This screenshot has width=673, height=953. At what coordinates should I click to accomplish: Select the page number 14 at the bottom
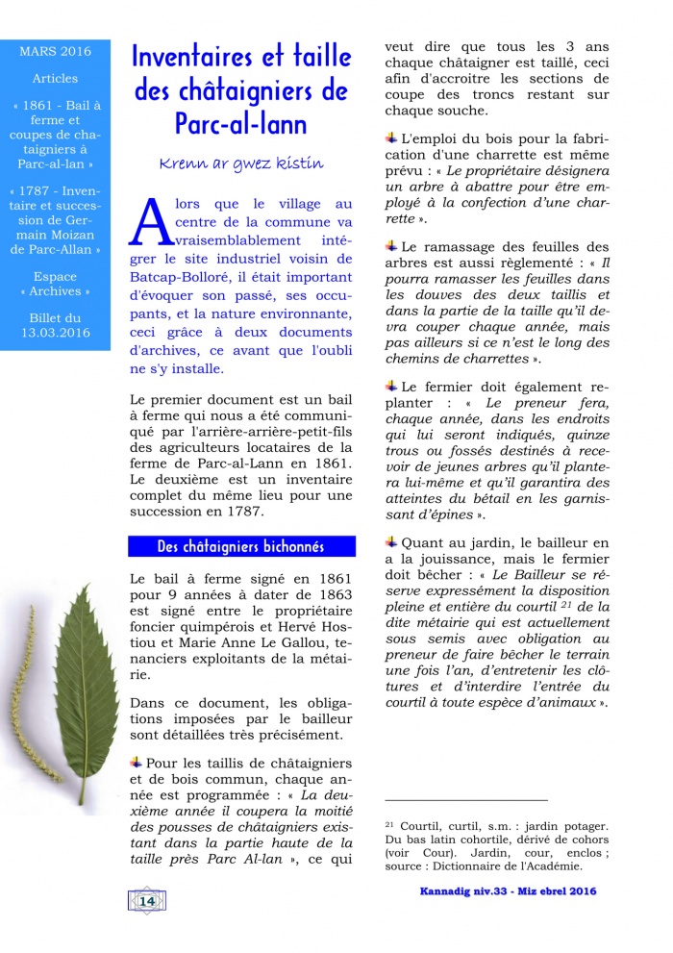[147, 900]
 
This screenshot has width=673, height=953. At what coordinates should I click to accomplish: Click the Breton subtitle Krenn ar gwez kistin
[241, 163]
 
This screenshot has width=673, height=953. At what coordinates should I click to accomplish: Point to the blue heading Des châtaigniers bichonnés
[241, 546]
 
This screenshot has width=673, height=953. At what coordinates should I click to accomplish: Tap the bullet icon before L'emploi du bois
[390, 139]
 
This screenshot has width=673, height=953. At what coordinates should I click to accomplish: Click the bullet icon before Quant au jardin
[390, 542]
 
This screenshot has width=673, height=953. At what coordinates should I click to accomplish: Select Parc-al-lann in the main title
[241, 123]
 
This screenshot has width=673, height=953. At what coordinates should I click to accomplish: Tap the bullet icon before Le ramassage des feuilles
[390, 246]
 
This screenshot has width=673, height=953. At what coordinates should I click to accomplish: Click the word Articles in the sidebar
[55, 78]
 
